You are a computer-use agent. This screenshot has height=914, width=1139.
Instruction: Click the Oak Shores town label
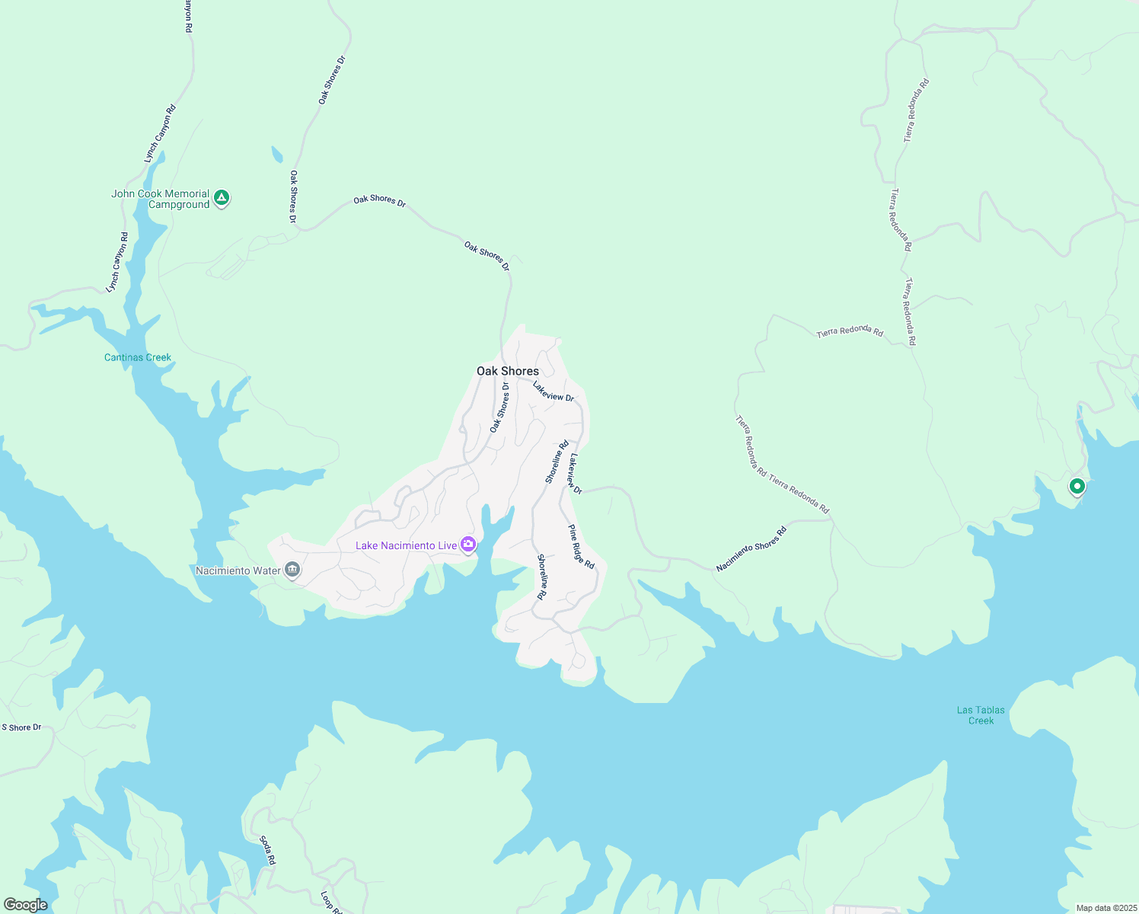coord(507,371)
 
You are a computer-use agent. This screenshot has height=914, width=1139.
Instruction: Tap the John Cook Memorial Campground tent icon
coord(222,198)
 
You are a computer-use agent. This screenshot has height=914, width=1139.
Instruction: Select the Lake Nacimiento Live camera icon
coord(468,544)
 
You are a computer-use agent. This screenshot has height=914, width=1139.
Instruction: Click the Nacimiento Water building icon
coord(292,570)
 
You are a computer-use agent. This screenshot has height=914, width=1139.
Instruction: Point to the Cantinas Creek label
coord(138,357)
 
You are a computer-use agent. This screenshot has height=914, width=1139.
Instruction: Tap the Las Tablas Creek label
coord(981,715)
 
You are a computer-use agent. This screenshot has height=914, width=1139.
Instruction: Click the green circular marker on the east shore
coord(1077,486)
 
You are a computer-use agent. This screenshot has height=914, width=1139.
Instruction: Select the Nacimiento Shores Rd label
coord(751,549)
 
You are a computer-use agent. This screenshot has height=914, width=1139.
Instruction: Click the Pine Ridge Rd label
coord(581,547)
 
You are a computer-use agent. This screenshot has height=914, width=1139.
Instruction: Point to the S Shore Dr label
coord(21,727)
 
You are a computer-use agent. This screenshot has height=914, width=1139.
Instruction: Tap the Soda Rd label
coord(267,850)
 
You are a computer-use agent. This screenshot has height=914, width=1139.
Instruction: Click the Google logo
coord(25,905)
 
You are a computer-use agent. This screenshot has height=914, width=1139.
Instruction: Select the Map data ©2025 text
coord(1105,908)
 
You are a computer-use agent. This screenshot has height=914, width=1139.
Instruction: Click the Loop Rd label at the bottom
coord(327,901)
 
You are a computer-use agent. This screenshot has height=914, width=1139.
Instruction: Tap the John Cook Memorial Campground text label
coord(161,199)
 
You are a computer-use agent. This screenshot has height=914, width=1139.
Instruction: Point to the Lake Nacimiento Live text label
coord(407,545)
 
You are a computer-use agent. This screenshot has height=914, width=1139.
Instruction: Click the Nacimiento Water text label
coord(238,570)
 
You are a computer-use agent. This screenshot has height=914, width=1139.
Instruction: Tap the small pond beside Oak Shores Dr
coord(276,155)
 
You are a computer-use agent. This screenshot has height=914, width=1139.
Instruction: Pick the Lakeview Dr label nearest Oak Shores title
coord(554,391)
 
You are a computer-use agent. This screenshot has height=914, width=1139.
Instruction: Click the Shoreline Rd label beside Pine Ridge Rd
coord(542,577)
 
